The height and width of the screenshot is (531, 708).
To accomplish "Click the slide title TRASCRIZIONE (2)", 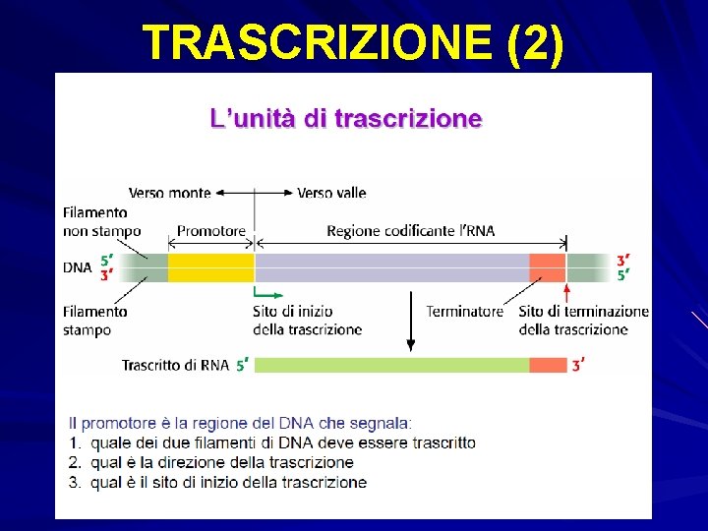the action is [x=353, y=43].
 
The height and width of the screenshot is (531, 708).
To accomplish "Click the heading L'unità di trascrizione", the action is [x=346, y=119].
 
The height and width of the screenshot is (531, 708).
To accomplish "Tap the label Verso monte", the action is [x=169, y=193].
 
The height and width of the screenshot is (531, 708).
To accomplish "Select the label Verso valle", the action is [x=331, y=193].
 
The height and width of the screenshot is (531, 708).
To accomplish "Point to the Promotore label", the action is [x=211, y=231].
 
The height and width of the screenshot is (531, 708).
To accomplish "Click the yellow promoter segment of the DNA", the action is [x=211, y=266].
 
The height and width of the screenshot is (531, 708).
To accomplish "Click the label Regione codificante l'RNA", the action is [x=411, y=231].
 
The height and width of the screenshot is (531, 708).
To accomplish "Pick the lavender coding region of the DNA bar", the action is [x=391, y=266].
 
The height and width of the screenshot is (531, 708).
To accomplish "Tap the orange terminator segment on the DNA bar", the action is [x=548, y=266].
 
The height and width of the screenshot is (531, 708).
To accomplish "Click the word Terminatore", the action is [x=464, y=311].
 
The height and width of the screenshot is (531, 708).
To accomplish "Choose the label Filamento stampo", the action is [x=94, y=321].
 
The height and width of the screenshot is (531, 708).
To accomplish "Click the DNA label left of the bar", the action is [x=78, y=266].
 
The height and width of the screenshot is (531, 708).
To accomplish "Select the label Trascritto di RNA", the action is [x=175, y=365].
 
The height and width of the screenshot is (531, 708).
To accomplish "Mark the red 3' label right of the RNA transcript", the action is [x=579, y=365].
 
